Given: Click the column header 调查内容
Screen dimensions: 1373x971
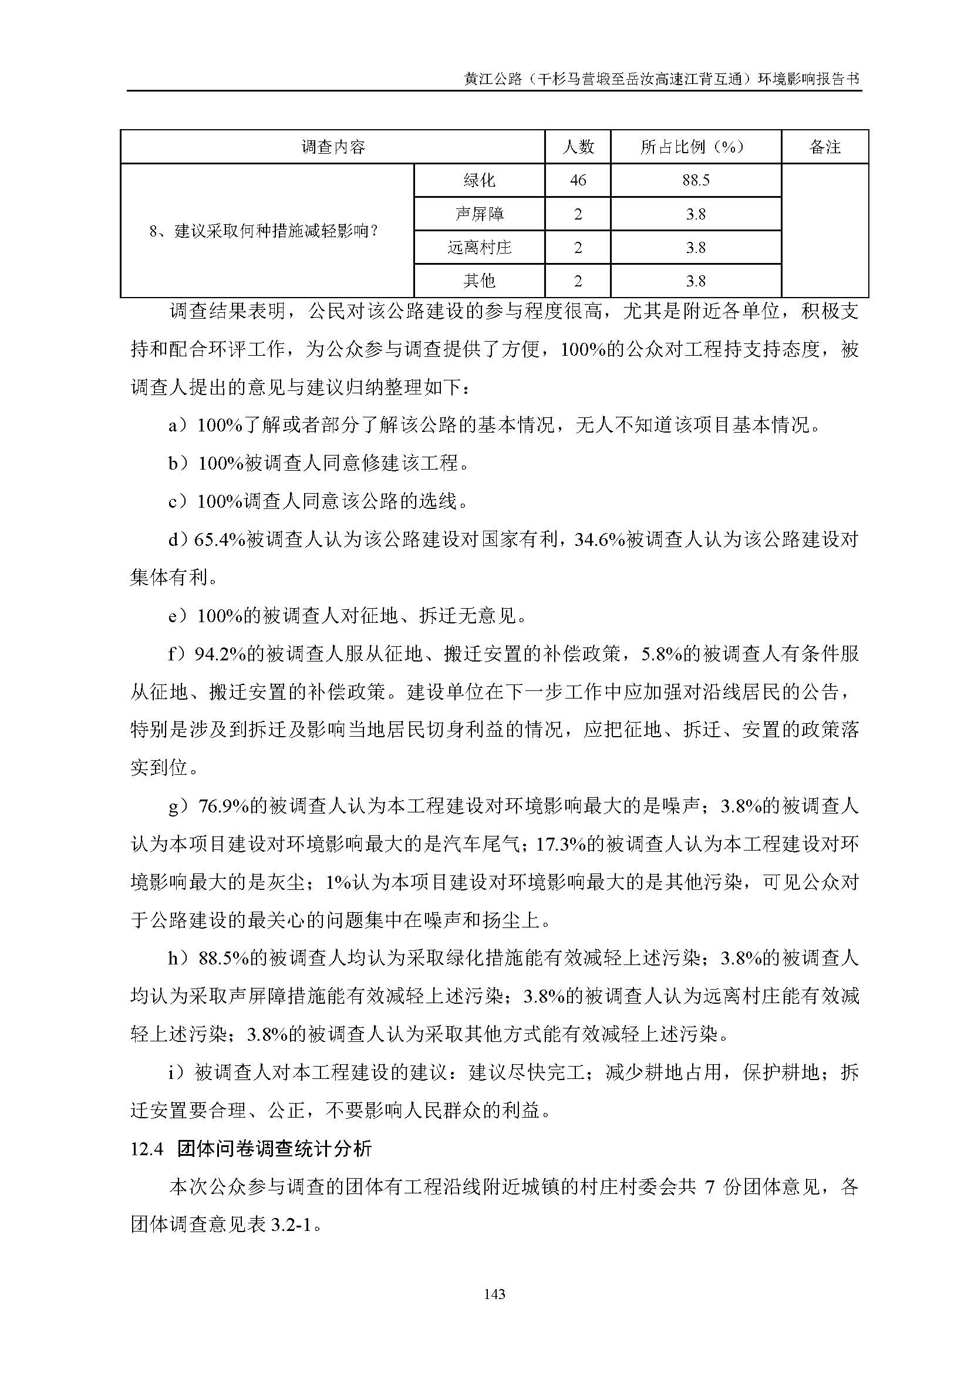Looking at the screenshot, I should click(x=332, y=147).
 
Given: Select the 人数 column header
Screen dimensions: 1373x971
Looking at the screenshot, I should click(x=578, y=147).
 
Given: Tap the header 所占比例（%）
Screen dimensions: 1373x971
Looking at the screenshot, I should click(x=695, y=147).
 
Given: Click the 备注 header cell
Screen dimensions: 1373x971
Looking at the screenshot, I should click(x=824, y=147).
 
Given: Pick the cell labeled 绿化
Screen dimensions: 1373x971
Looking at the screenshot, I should click(x=479, y=180).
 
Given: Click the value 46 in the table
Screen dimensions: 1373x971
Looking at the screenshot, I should click(x=578, y=180).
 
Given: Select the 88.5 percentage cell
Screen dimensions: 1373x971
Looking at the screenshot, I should click(x=695, y=180).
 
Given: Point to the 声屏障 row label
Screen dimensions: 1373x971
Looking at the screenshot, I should click(x=479, y=214).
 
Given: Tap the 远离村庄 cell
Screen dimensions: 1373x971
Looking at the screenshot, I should click(x=479, y=247).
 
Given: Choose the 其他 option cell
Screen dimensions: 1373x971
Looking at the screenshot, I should click(x=479, y=281).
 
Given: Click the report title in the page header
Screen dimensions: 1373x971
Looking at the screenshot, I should click(x=662, y=79).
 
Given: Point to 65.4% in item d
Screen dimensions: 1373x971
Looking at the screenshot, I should click(x=220, y=540).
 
